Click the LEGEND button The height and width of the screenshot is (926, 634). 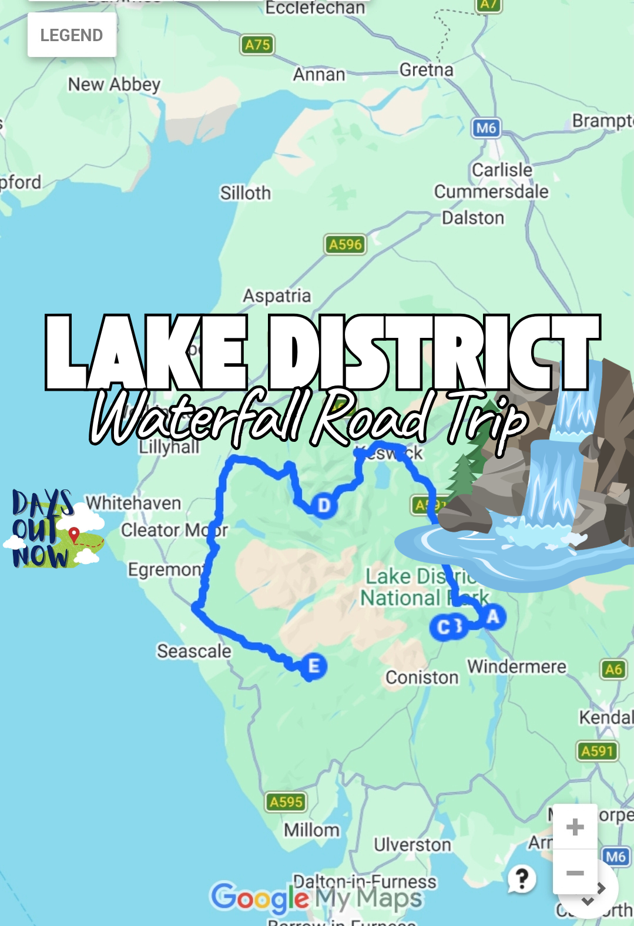(x=72, y=35)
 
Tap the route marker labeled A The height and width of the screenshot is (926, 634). (x=493, y=617)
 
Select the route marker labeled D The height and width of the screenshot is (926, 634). (x=324, y=505)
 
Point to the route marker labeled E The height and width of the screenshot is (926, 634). (x=314, y=666)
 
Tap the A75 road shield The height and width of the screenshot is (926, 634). (x=257, y=45)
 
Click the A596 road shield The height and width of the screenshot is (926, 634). (x=345, y=244)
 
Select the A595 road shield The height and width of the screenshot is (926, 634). (x=286, y=802)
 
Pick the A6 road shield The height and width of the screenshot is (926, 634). (x=613, y=669)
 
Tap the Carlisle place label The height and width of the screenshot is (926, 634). (x=502, y=170)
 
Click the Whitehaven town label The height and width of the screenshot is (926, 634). (x=133, y=503)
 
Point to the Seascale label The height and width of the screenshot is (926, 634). (x=194, y=651)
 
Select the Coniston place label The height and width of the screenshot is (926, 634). (x=422, y=677)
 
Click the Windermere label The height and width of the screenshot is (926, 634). (x=517, y=667)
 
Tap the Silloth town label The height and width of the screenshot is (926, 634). (x=246, y=193)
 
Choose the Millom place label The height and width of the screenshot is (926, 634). (x=312, y=830)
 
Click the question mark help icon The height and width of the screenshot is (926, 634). (x=522, y=879)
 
